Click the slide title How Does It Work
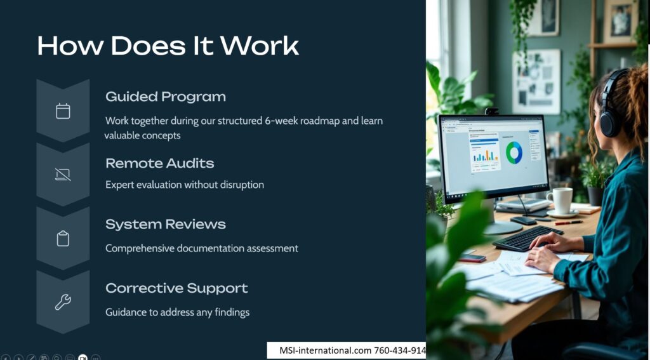tap(168, 46)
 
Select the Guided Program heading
tap(166, 97)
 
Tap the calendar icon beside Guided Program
tap(63, 111)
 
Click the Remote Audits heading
tap(159, 163)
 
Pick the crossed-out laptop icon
tap(63, 175)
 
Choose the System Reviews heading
tap(166, 224)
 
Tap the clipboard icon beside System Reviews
tap(63, 239)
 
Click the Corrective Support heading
tap(176, 288)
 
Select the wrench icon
tap(63, 302)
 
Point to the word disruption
tap(244, 185)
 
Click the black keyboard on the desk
tap(527, 238)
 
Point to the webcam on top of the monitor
tap(492, 111)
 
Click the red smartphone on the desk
tap(472, 258)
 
